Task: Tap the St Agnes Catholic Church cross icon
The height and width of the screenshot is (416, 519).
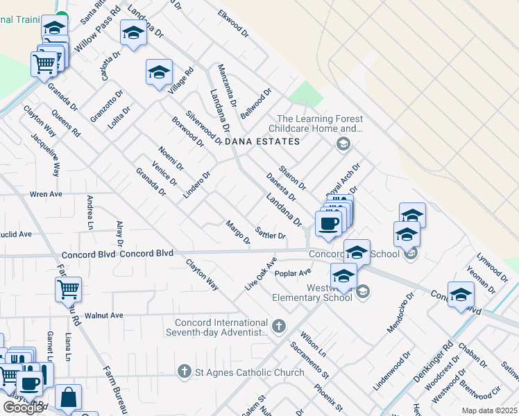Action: [185, 372]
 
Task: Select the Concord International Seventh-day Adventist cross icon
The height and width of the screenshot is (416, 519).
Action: [279, 325]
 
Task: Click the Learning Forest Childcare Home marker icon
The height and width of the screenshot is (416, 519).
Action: [342, 144]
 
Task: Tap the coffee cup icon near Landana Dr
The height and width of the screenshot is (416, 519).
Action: [328, 224]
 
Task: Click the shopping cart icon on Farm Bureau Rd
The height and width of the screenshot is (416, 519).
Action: [68, 289]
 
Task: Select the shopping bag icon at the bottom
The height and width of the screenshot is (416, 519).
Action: [68, 398]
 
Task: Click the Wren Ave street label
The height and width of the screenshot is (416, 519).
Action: [46, 194]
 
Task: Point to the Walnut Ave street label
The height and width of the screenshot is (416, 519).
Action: [103, 315]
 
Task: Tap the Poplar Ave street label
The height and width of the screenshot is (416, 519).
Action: [293, 273]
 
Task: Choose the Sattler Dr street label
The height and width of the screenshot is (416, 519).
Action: [271, 233]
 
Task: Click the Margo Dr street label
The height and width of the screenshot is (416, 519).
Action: [238, 232]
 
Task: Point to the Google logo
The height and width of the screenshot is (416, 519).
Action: [23, 408]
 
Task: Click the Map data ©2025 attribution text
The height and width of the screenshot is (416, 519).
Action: [488, 410]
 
